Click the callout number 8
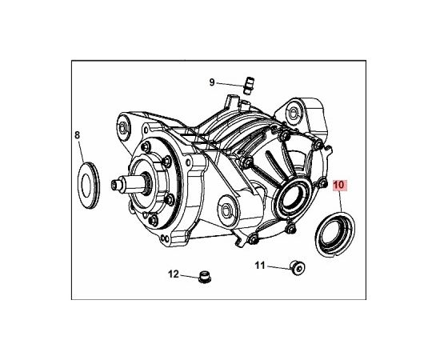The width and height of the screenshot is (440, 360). (x=77, y=135)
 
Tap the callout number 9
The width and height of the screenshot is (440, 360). (x=212, y=82)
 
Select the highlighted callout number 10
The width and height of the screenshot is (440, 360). (x=338, y=185)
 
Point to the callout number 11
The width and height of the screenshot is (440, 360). (x=260, y=265)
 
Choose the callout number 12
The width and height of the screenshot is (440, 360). (x=174, y=274)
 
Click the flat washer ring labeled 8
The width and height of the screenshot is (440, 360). (x=88, y=185)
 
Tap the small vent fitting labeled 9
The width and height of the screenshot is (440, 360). (x=248, y=86)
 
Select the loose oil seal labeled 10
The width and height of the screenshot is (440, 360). (x=335, y=234)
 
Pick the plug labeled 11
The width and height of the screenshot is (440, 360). (x=297, y=268)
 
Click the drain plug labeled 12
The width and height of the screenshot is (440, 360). (x=205, y=277)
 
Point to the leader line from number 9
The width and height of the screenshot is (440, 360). (x=230, y=85)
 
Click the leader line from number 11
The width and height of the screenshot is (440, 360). (x=278, y=267)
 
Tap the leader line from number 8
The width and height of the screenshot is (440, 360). (x=81, y=151)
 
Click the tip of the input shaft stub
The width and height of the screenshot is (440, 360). (x=114, y=185)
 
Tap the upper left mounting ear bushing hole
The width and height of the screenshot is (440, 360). (x=122, y=128)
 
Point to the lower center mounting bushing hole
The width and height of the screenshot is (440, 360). (x=226, y=210)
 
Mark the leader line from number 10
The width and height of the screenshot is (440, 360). (x=340, y=202)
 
